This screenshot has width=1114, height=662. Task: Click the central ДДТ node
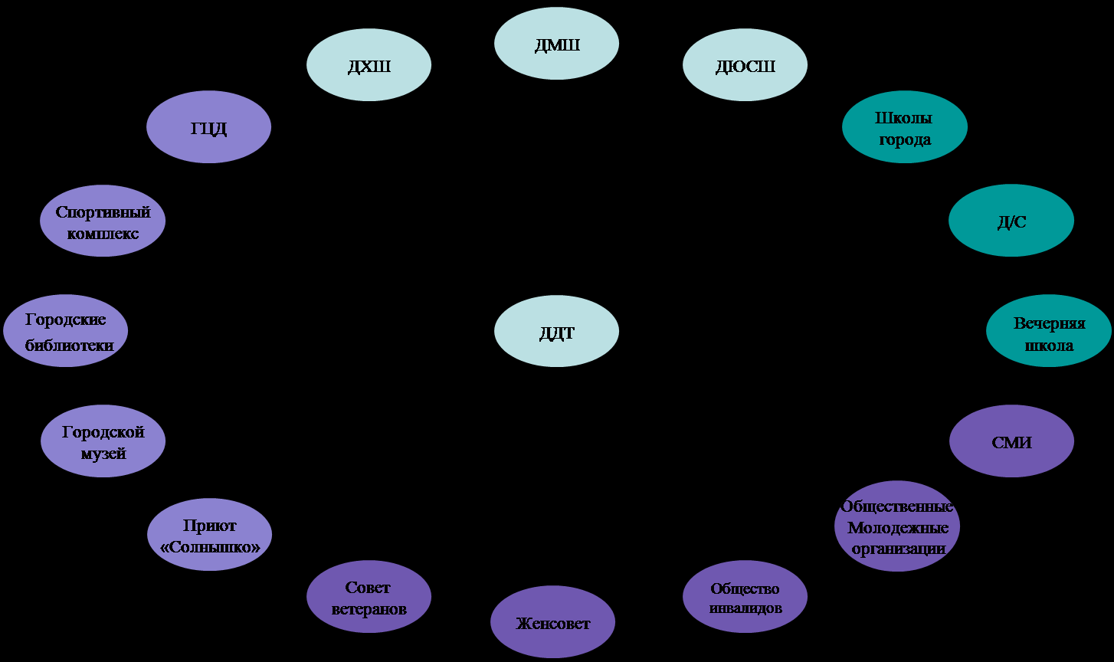click(556, 331)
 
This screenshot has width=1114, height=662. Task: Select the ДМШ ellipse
click(556, 43)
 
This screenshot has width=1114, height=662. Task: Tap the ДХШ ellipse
click(369, 65)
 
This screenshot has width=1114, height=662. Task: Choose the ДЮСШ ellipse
click(745, 65)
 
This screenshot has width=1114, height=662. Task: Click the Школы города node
click(904, 127)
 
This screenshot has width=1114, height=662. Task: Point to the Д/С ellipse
click(1011, 221)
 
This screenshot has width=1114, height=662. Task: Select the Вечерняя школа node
click(1048, 331)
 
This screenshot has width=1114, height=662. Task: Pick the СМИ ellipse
click(1011, 441)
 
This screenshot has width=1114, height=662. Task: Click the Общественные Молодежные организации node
click(897, 526)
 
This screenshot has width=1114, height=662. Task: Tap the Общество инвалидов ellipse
click(745, 597)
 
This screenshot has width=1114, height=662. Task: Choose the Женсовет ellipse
click(552, 622)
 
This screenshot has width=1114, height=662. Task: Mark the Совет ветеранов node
click(369, 597)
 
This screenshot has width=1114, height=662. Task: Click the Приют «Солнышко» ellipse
click(209, 535)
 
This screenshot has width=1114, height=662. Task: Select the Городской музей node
click(103, 441)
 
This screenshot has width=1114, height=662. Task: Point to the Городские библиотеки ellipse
click(65, 331)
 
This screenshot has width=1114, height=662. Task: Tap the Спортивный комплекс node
click(103, 221)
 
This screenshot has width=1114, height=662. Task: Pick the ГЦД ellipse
click(208, 127)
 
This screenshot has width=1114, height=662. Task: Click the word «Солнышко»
click(210, 547)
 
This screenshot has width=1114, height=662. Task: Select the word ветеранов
click(369, 609)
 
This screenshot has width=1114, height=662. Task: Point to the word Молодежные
click(898, 528)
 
